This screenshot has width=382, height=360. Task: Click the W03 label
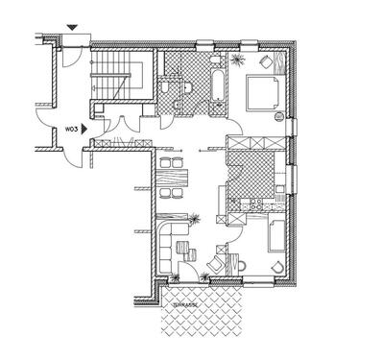coord(71,126)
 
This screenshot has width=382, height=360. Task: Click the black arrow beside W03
coord(85,126)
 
